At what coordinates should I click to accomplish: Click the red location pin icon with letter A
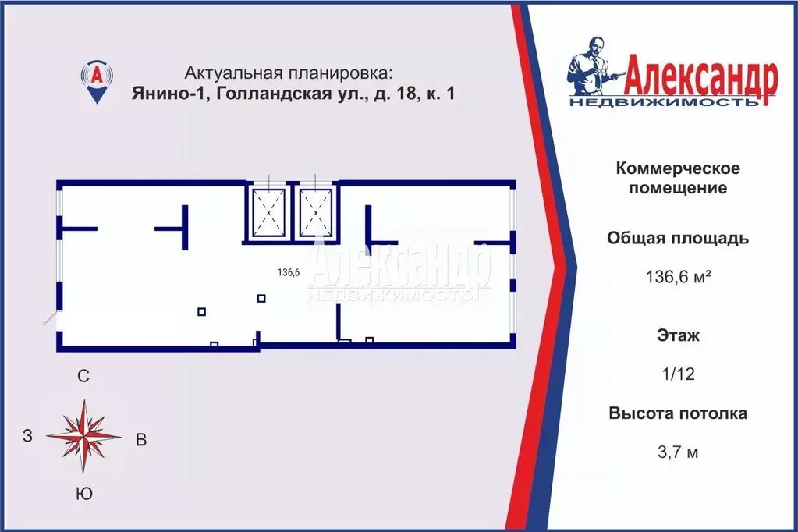click(96, 80)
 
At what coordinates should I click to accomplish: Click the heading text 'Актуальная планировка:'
click(289, 73)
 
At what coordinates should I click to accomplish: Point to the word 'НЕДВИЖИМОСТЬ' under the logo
click(663, 102)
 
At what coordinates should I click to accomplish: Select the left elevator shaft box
click(268, 211)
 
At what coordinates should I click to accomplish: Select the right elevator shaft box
click(315, 211)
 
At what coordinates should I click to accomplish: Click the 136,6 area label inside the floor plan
click(289, 273)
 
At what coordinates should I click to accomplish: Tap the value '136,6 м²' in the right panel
click(678, 276)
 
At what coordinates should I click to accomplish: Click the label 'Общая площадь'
click(678, 239)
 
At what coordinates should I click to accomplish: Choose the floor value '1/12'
click(678, 374)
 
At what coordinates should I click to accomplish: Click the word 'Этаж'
click(678, 337)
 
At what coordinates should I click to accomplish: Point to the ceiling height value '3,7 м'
click(678, 451)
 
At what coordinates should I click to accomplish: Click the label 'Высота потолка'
click(678, 413)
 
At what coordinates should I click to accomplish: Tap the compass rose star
click(83, 437)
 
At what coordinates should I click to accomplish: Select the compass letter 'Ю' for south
click(85, 494)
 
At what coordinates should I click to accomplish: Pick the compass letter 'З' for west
click(27, 437)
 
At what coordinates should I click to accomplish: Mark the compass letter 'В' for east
click(141, 439)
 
